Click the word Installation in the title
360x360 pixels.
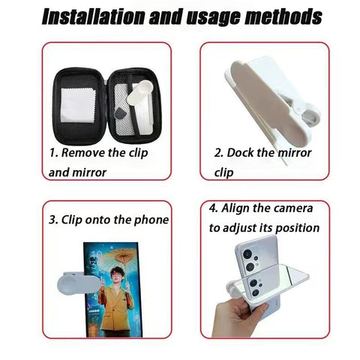pos(93,16)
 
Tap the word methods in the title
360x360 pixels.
pos(283,16)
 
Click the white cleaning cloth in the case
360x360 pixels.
pos(78,106)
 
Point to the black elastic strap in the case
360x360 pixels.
pos(133,106)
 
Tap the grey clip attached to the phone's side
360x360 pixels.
pos(78,284)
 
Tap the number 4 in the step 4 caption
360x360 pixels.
pos(212,208)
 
